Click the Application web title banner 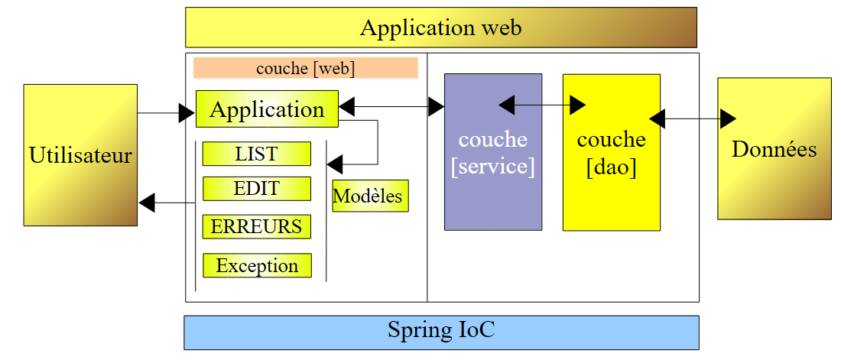click(440, 28)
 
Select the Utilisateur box click(80, 155)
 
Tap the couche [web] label click(305, 68)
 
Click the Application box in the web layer click(267, 109)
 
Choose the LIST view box click(256, 154)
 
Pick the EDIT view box click(256, 189)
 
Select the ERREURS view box click(256, 226)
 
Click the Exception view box click(257, 265)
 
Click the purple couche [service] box click(493, 152)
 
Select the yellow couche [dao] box click(611, 152)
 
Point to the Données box click(774, 148)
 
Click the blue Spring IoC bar click(441, 332)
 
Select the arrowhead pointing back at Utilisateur click(148, 203)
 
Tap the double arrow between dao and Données click(692, 118)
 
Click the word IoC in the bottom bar click(476, 331)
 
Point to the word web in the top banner click(502, 28)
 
